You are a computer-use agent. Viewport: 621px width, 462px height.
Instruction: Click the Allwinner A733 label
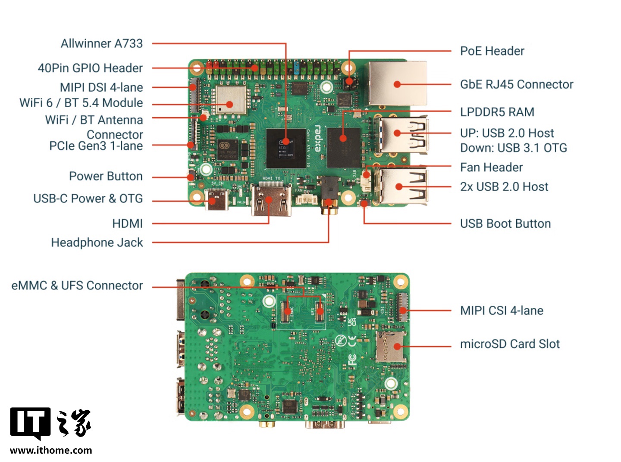coord(101,43)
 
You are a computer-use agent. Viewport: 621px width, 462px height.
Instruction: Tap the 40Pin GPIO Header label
coord(90,68)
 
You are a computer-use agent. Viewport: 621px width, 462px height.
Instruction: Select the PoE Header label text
coord(492,51)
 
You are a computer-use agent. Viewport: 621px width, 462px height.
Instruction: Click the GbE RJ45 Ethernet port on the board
coord(397,84)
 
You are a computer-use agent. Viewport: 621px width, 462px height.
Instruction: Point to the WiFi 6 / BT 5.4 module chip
coord(231,100)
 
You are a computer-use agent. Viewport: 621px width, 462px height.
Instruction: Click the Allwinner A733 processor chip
coord(285,148)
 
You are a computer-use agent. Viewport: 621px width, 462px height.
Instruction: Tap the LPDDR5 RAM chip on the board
coord(343,147)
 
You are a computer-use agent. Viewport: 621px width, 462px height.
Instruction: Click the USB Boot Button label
coord(505,223)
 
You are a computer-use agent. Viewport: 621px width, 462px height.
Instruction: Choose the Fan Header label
coord(491,167)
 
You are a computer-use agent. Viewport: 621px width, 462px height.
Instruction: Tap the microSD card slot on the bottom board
coord(390,347)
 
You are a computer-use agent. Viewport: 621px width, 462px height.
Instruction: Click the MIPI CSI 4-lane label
coord(501,310)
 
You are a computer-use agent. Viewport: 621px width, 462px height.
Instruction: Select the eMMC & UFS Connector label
coord(77,285)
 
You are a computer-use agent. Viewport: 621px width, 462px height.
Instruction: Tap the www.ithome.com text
coord(50,450)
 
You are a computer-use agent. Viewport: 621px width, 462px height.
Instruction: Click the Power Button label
coord(106,176)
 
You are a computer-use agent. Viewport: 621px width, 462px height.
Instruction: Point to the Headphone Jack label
coord(97,242)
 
